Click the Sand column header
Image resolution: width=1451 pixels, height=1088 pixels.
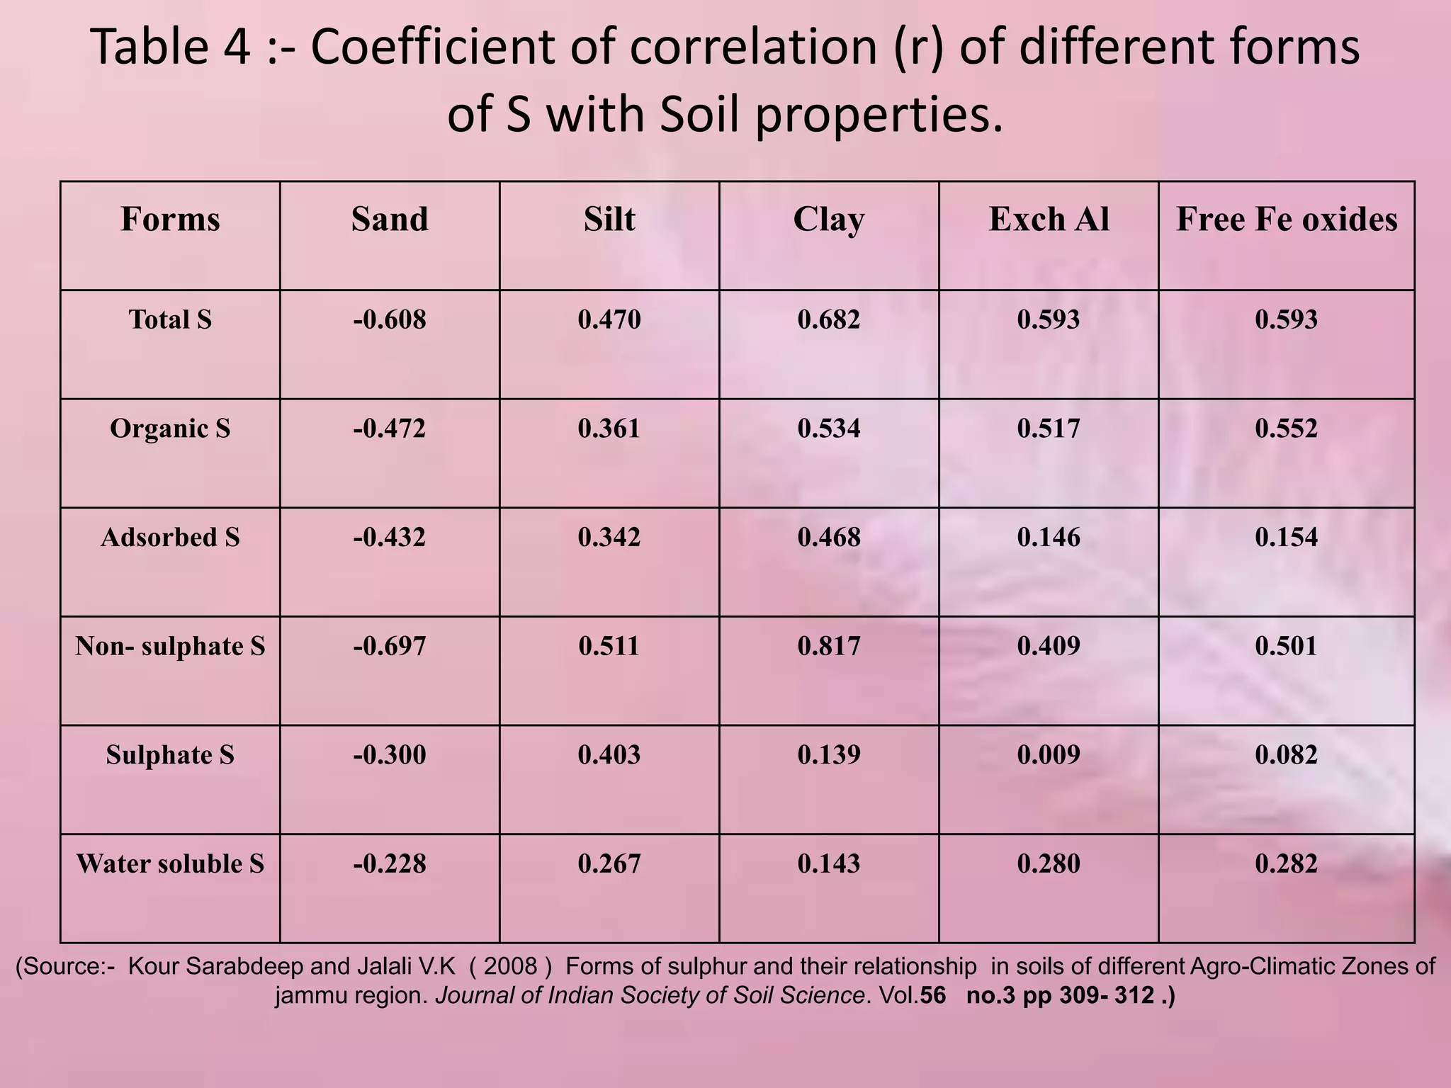pyautogui.click(x=390, y=220)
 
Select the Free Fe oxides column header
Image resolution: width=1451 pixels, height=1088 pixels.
pyautogui.click(x=1287, y=220)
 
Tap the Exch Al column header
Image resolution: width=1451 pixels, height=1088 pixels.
pyautogui.click(x=1049, y=220)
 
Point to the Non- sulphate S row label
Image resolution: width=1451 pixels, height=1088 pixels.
pyautogui.click(x=170, y=646)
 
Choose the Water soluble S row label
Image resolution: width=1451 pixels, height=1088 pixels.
pyautogui.click(x=170, y=863)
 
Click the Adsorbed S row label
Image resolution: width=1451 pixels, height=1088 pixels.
pyautogui.click(x=170, y=537)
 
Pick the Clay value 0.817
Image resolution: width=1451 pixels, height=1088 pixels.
pyautogui.click(x=829, y=646)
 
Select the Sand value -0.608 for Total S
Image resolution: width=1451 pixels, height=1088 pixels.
pyautogui.click(x=390, y=319)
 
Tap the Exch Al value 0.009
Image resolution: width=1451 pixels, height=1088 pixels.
pyautogui.click(x=1049, y=755)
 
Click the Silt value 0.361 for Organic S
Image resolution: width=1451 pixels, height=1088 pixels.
pyautogui.click(x=609, y=429)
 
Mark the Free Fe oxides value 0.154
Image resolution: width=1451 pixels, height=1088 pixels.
pyautogui.click(x=1287, y=537)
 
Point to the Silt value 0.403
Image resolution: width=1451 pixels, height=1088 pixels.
pyautogui.click(x=609, y=755)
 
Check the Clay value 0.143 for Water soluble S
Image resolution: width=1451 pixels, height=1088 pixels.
pyautogui.click(x=829, y=863)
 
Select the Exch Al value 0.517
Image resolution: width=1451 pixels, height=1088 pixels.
pyautogui.click(x=1049, y=429)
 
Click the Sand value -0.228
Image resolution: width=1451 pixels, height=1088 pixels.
pyautogui.click(x=390, y=863)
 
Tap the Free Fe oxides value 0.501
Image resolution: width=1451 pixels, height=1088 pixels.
pyautogui.click(x=1287, y=646)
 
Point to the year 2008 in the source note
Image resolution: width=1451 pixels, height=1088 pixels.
pyautogui.click(x=510, y=966)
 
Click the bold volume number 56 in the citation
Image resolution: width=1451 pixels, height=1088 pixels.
pyautogui.click(x=932, y=996)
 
